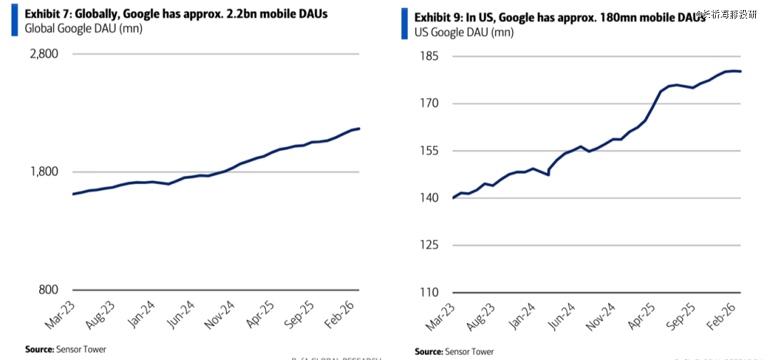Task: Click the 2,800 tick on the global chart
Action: [x=43, y=54]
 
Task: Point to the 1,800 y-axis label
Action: [x=43, y=172]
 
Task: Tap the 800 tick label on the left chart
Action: [x=48, y=289]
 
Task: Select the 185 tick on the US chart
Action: [x=430, y=56]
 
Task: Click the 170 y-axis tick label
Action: [x=430, y=103]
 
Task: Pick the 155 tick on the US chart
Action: [x=430, y=151]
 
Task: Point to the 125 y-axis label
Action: [x=430, y=245]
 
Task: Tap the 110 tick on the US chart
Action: [x=430, y=292]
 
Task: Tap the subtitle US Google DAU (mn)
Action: [x=463, y=31]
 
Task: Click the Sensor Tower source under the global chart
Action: [x=66, y=349]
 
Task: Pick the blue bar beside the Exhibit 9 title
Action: [x=405, y=23]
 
